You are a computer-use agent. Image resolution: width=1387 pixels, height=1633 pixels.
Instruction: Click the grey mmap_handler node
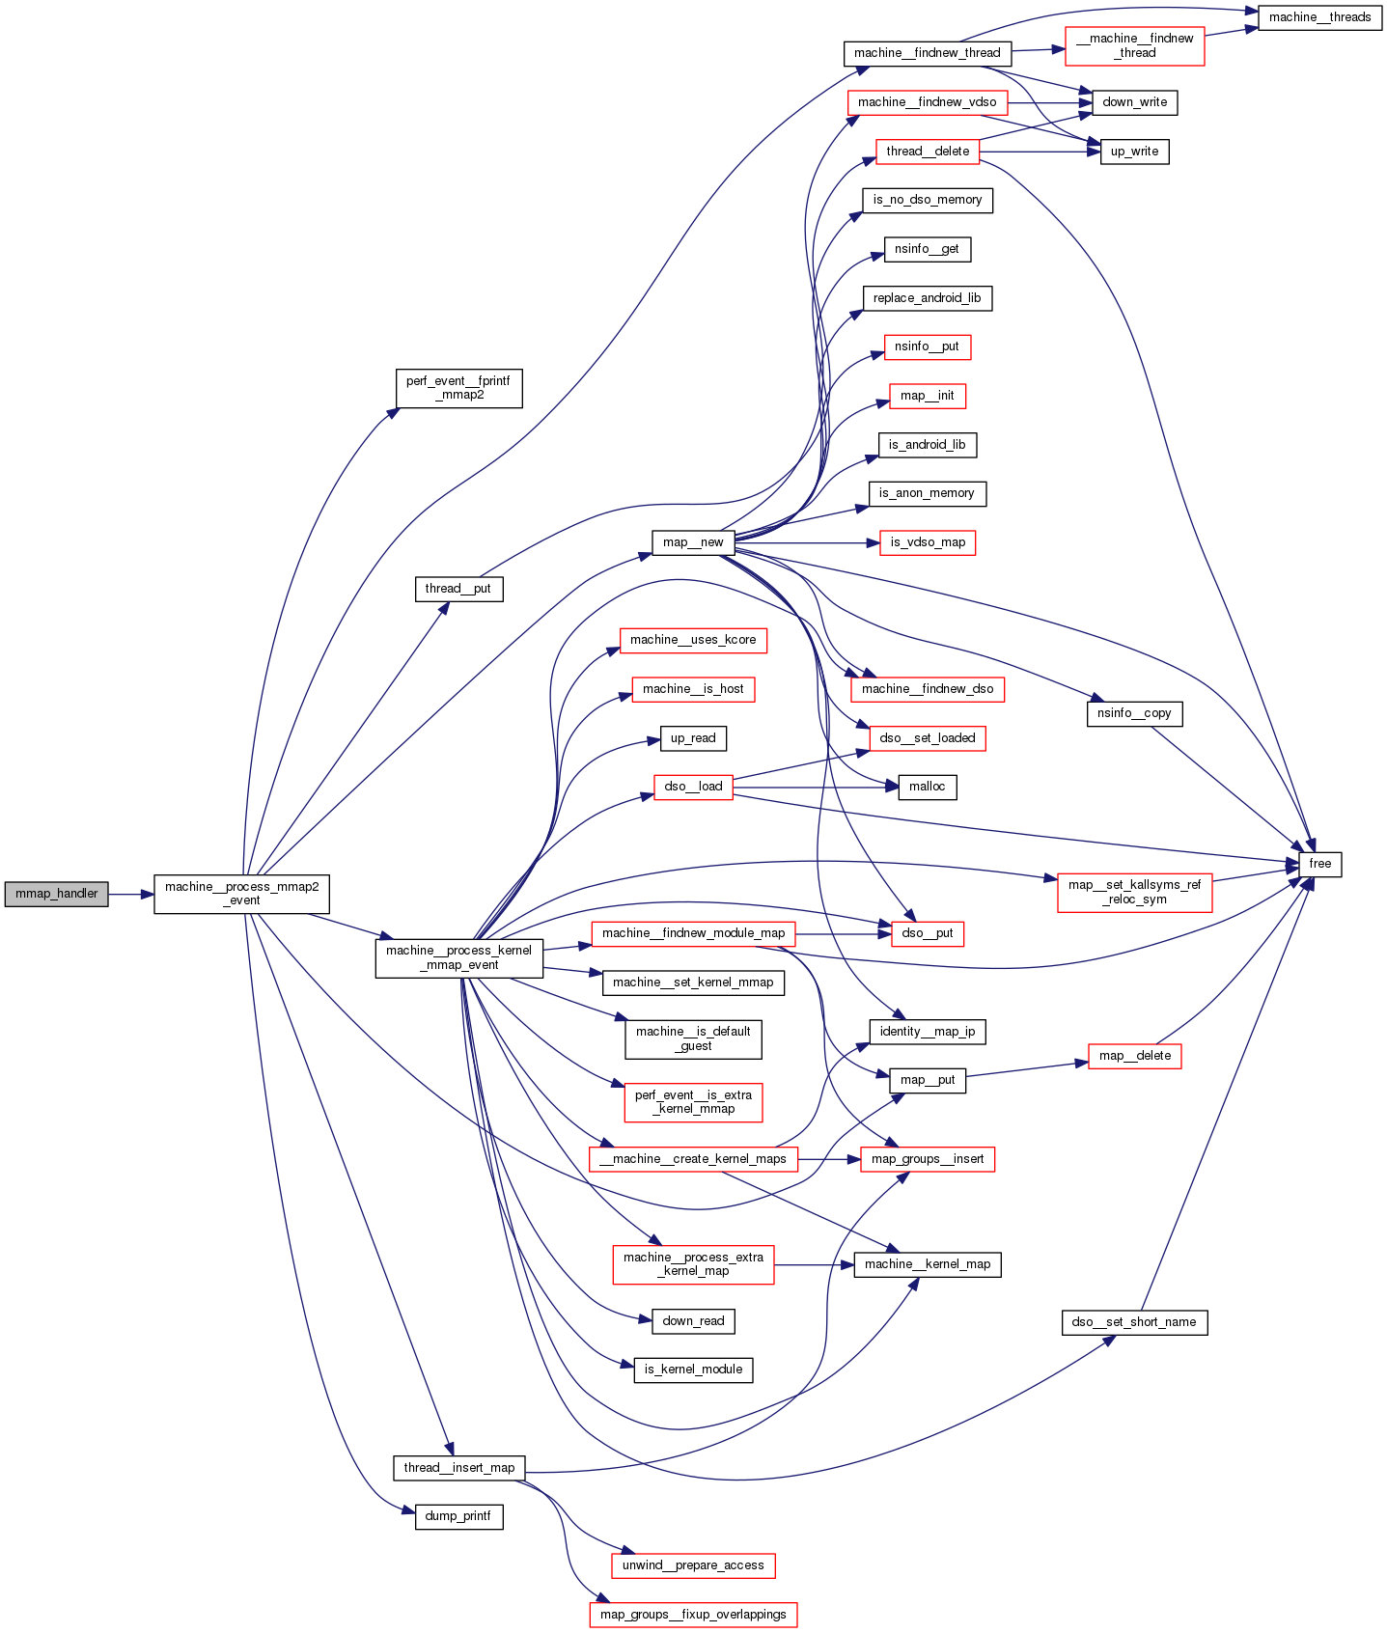56,894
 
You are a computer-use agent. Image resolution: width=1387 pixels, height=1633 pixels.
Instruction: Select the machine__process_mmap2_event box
241,894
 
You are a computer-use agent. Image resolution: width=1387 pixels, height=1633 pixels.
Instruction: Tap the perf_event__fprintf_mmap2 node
458,388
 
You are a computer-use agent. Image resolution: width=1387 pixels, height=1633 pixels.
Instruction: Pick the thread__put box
458,589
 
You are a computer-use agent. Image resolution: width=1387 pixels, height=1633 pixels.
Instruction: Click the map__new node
693,542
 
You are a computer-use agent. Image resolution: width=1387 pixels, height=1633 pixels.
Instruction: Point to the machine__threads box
1319,17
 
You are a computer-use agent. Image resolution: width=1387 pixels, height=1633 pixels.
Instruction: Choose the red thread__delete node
928,152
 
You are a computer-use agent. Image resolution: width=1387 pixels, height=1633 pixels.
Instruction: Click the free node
1319,864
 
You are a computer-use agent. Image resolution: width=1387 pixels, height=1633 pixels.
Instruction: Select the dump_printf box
458,1516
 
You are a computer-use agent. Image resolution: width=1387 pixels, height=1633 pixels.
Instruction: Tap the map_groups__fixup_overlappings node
693,1615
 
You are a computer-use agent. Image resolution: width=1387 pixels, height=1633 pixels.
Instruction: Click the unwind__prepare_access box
693,1565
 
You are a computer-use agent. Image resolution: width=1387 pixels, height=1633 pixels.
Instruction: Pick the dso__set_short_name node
1134,1322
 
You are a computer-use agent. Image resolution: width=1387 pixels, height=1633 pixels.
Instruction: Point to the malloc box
928,787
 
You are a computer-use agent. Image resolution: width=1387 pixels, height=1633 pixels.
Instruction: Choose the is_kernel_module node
693,1370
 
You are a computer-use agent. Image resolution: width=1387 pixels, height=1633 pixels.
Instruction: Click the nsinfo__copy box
1134,713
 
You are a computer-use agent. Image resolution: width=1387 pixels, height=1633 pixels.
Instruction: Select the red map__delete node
1134,1056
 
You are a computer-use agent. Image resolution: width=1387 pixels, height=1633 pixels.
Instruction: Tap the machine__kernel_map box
928,1264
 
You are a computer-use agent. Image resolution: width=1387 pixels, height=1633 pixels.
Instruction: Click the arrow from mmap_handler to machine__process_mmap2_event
131,895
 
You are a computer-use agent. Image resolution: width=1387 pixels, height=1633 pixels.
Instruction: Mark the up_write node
1134,152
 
